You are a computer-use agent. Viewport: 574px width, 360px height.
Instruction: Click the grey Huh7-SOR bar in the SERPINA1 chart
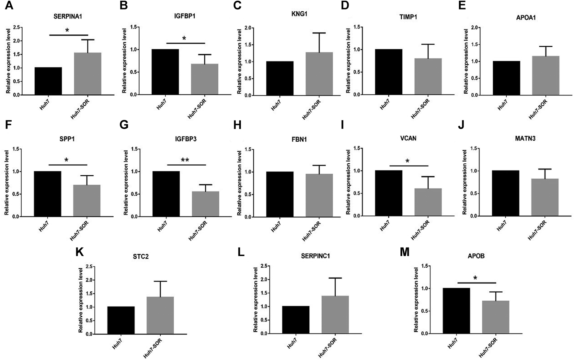87,74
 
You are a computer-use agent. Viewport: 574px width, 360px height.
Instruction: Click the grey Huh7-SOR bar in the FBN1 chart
319,195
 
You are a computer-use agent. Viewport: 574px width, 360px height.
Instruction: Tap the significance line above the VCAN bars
408,166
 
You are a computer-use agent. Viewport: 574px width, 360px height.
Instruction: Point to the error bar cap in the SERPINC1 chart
335,278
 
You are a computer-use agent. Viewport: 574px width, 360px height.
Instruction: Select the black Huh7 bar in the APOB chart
456,311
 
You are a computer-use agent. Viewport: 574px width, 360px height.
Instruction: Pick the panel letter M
405,252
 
